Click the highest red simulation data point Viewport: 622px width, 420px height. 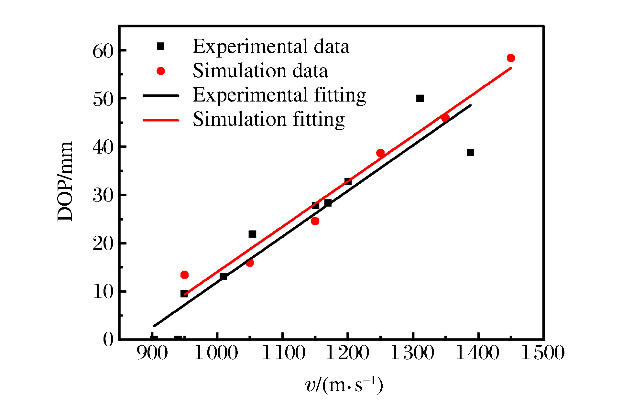click(511, 58)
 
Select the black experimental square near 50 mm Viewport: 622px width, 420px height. click(420, 98)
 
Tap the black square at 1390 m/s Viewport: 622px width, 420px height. click(470, 153)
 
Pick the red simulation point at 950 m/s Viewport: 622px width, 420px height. click(184, 275)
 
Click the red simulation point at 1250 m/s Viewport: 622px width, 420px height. click(380, 153)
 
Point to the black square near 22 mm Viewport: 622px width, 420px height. click(252, 234)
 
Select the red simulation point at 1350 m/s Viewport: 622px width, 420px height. click(445, 118)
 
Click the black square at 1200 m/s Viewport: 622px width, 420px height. click(348, 181)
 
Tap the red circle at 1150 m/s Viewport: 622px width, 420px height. click(315, 221)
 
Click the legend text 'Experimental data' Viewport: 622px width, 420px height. click(271, 47)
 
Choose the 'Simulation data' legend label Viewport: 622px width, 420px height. click(260, 71)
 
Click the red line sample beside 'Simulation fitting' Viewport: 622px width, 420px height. click(161, 120)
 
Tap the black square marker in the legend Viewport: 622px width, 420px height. click(160, 46)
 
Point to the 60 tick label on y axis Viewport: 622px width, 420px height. click(103, 51)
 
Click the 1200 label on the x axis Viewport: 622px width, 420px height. click(347, 352)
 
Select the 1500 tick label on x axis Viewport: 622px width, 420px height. click(543, 352)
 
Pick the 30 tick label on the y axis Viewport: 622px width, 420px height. click(103, 195)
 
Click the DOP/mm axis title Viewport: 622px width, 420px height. click(65, 181)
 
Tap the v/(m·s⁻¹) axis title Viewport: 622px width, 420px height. click(344, 385)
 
